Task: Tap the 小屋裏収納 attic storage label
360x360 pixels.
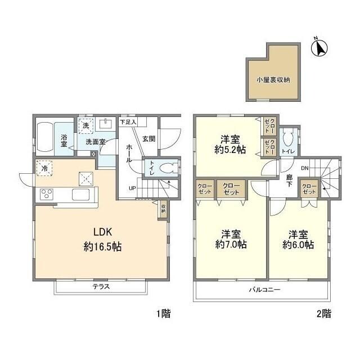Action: tap(273, 80)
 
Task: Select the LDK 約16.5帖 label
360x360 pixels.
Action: tap(100, 240)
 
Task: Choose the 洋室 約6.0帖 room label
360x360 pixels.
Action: tap(298, 239)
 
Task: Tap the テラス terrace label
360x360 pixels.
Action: tap(101, 286)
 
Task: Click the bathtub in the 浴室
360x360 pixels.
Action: tap(48, 137)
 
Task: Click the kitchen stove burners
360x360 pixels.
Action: tap(46, 195)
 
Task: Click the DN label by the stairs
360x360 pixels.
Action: tap(304, 168)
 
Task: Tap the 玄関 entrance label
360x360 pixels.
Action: tap(148, 139)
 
